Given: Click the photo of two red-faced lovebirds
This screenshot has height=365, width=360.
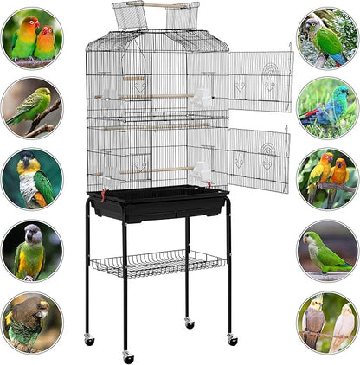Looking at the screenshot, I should pos(32,37).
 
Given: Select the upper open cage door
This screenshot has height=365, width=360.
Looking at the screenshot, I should pos(260,82).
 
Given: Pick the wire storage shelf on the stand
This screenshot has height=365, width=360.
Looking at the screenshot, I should pos(157,261).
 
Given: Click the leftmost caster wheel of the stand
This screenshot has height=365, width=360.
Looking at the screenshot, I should pos(89,341).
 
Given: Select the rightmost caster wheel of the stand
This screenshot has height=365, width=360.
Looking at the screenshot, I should pos(232,341).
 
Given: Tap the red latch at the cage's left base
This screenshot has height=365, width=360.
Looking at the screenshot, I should pos(101,193).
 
